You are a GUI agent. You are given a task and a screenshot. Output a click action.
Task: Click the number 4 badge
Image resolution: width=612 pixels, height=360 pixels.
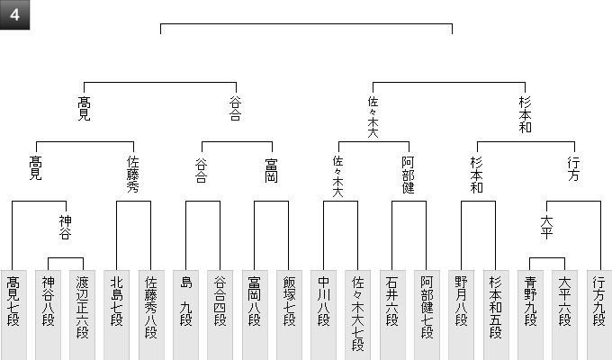coord(15,15)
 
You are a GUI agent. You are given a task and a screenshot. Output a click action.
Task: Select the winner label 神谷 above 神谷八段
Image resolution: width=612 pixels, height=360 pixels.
coord(65,227)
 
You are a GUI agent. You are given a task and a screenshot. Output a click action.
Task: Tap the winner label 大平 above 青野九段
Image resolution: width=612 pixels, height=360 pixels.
coord(546,227)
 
